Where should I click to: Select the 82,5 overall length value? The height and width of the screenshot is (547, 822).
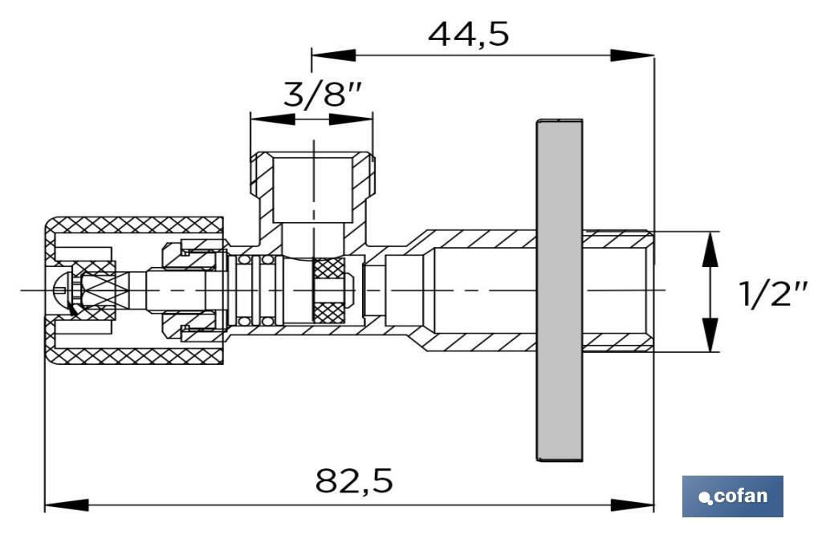[354, 481]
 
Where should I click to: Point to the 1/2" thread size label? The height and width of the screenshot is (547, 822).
[773, 294]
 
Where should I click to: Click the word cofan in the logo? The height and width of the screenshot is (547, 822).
[739, 496]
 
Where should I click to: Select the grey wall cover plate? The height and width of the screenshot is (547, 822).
[559, 290]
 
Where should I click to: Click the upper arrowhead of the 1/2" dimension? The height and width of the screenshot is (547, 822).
[710, 250]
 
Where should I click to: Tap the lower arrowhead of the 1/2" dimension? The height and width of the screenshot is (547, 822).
[710, 332]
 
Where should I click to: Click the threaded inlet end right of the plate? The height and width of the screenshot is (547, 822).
[619, 290]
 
